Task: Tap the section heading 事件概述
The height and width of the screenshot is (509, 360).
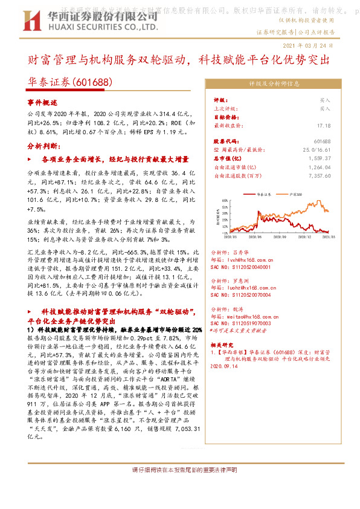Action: pyautogui.click(x=42, y=103)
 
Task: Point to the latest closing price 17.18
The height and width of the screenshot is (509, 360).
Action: pyautogui.click(x=324, y=126)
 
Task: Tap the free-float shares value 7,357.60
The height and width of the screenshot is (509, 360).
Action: pyautogui.click(x=319, y=177)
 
